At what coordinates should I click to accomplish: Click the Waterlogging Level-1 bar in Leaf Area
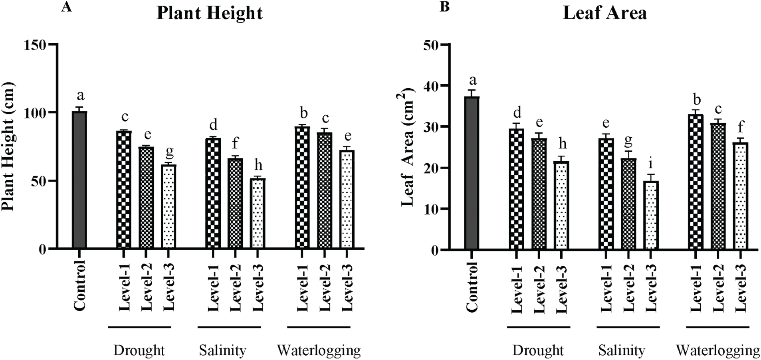tap(696, 182)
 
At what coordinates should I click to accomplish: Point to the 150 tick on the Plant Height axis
tap(36, 45)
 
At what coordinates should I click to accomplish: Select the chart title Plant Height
tap(210, 13)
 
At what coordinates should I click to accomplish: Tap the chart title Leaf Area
tap(604, 13)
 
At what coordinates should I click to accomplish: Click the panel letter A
tap(66, 7)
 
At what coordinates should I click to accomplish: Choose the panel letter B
tap(444, 7)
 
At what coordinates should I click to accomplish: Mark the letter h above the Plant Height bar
tap(258, 165)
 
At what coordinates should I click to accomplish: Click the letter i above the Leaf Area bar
tap(651, 164)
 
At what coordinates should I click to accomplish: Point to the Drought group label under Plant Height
tap(139, 350)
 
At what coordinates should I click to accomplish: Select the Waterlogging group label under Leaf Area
tap(717, 350)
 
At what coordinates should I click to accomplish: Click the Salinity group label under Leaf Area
tap(622, 350)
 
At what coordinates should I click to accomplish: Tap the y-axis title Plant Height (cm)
tap(8, 146)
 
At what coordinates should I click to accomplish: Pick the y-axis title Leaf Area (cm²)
tap(407, 148)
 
